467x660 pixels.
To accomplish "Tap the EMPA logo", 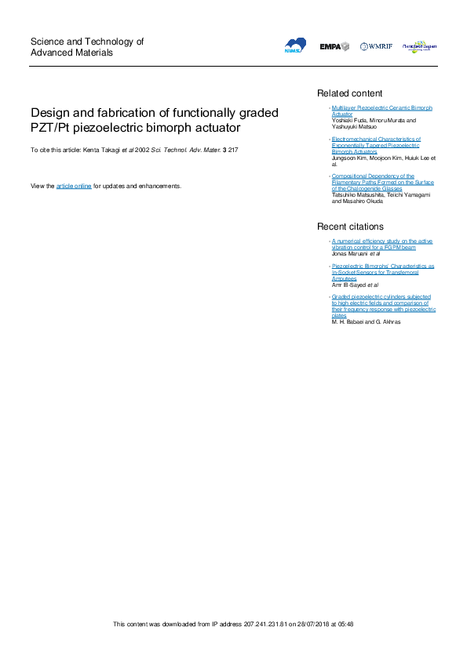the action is [x=334, y=47].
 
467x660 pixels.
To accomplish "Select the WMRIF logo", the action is [x=377, y=47].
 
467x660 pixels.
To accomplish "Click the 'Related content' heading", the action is [x=349, y=93].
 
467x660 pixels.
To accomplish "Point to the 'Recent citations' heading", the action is [x=351, y=227].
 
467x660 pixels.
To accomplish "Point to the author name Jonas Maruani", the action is [x=352, y=254].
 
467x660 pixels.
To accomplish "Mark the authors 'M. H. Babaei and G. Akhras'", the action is [x=367, y=322].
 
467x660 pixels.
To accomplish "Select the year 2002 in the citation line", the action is [x=142, y=149].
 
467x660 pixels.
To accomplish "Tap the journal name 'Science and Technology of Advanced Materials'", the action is [x=86, y=47].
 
